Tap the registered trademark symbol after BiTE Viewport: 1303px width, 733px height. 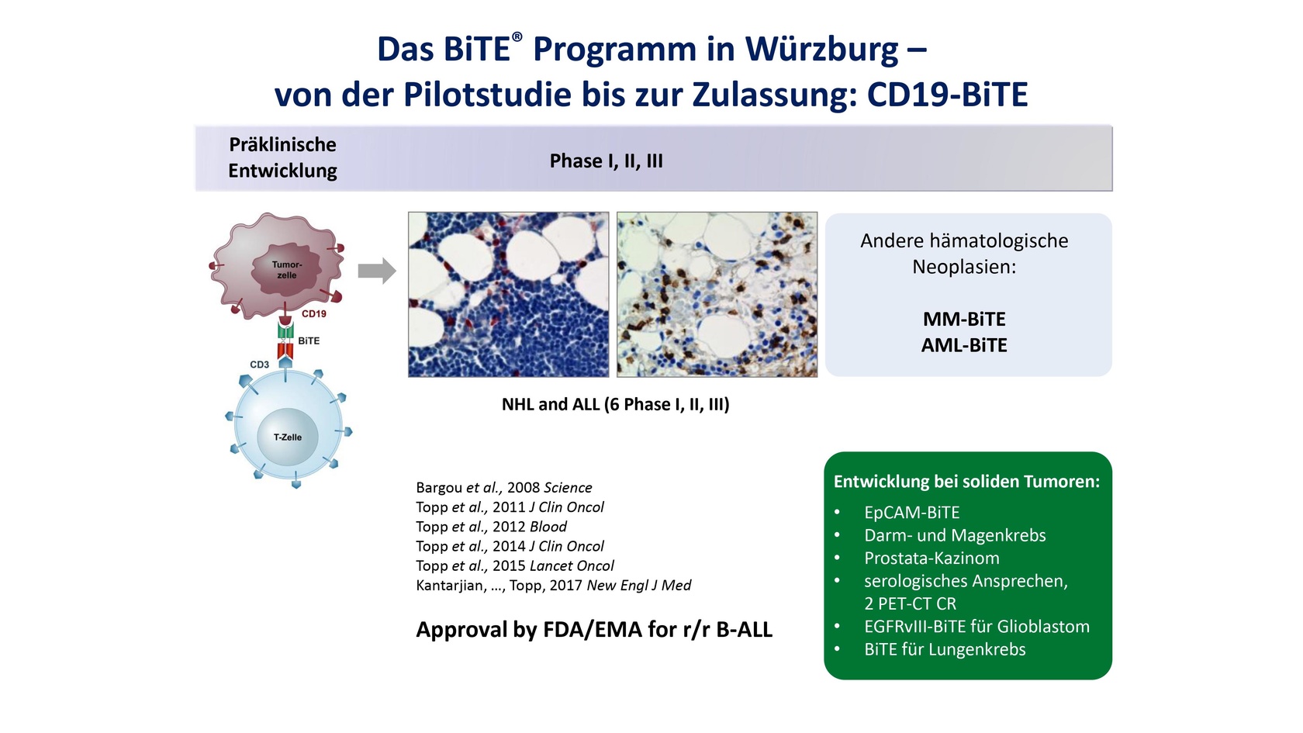[517, 37]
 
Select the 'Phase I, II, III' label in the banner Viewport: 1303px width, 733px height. [607, 161]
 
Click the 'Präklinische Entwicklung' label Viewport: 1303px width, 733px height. [282, 157]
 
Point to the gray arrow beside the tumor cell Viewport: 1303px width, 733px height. [377, 271]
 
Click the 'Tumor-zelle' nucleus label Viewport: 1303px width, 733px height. [287, 270]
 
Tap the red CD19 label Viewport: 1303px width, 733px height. [314, 314]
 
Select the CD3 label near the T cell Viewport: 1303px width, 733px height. [259, 365]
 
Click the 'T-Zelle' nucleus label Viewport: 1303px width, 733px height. [288, 437]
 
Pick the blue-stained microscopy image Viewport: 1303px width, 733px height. [509, 295]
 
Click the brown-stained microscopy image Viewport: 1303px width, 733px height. [717, 295]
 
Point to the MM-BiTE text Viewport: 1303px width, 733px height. [965, 320]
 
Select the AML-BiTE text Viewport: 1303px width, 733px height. [965, 346]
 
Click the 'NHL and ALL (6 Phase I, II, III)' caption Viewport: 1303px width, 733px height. [616, 404]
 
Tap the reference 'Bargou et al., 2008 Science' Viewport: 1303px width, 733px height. [504, 487]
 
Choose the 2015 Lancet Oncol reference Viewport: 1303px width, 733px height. [515, 565]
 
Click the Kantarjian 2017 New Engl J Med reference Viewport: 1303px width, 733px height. [554, 585]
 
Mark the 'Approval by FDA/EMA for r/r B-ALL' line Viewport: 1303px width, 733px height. [594, 630]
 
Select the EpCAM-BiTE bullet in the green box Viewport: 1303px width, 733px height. [912, 513]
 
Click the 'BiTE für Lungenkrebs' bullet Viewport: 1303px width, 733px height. [945, 649]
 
